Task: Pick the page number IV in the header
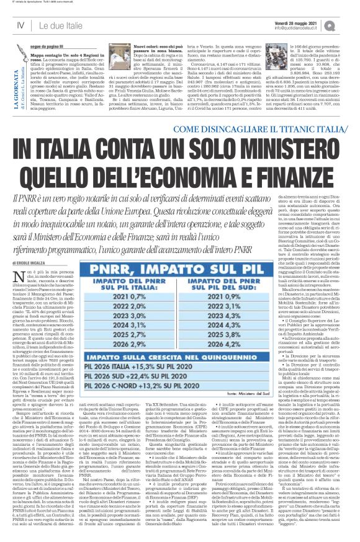20,25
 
